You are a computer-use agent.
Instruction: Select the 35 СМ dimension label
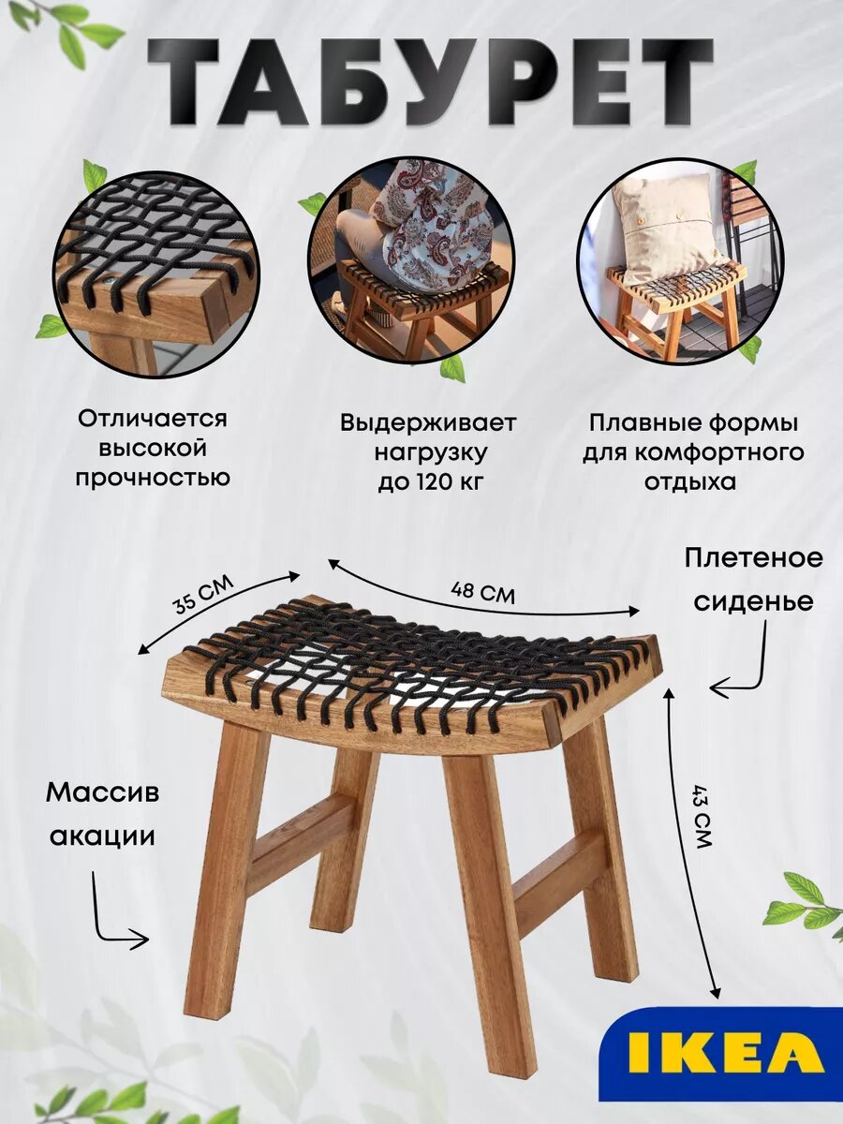(202, 592)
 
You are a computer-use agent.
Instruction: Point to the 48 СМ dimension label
(482, 592)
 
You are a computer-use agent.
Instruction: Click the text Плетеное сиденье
(753, 579)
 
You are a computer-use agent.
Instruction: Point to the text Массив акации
(102, 814)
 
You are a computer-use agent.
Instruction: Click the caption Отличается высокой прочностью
(152, 448)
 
